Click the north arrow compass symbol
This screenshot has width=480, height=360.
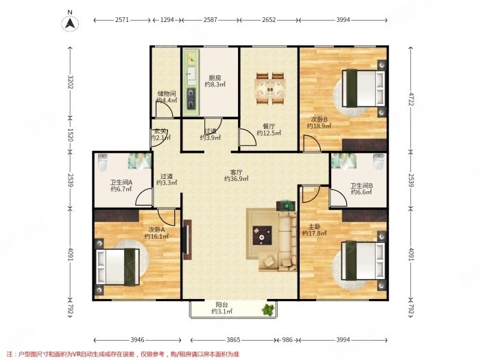(70, 23)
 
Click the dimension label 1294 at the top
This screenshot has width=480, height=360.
(167, 20)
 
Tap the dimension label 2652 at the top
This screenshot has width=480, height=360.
(269, 20)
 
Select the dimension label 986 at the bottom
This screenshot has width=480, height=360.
(287, 340)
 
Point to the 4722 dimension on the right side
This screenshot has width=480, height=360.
(411, 98)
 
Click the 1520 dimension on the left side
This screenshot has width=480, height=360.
(70, 134)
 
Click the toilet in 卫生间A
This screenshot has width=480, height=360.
(103, 163)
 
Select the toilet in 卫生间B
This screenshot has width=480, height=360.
(379, 161)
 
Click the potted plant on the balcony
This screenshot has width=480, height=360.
(269, 310)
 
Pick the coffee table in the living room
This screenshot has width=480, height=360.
(263, 235)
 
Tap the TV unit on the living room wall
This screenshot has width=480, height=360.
(187, 239)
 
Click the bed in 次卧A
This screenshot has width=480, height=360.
(118, 267)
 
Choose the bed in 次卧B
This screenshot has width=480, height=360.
(363, 88)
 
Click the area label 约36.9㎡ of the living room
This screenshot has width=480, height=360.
(237, 179)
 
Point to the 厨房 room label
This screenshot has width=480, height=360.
(215, 78)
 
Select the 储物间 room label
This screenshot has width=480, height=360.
(167, 94)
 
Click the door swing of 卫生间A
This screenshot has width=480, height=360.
(143, 197)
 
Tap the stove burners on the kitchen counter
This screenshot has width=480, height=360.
(191, 98)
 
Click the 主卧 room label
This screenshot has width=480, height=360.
(314, 227)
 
